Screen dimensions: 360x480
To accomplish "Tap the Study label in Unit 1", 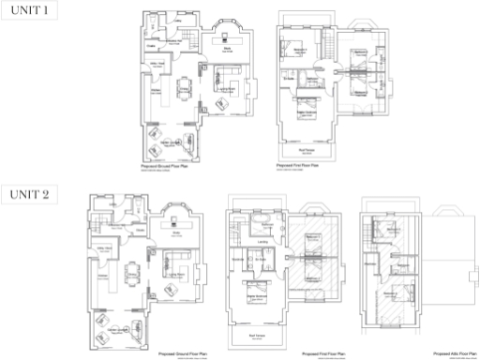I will click(x=227, y=43).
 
